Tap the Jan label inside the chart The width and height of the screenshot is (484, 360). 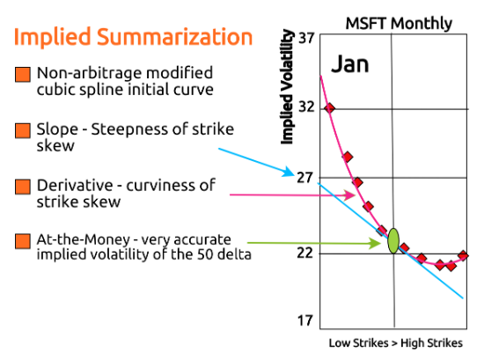click(350, 64)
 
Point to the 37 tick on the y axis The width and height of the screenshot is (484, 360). click(306, 39)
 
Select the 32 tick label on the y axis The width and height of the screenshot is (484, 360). click(306, 107)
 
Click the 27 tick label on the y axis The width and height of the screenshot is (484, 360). click(305, 178)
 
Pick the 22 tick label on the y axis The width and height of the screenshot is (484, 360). click(305, 253)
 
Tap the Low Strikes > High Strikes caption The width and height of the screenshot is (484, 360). click(395, 343)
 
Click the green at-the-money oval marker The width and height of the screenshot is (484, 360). click(394, 240)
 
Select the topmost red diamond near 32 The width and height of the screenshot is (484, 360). click(330, 108)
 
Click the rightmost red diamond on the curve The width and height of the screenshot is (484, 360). click(464, 255)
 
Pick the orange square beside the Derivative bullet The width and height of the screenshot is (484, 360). click(23, 186)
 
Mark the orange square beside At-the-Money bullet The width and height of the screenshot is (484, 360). click(23, 239)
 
